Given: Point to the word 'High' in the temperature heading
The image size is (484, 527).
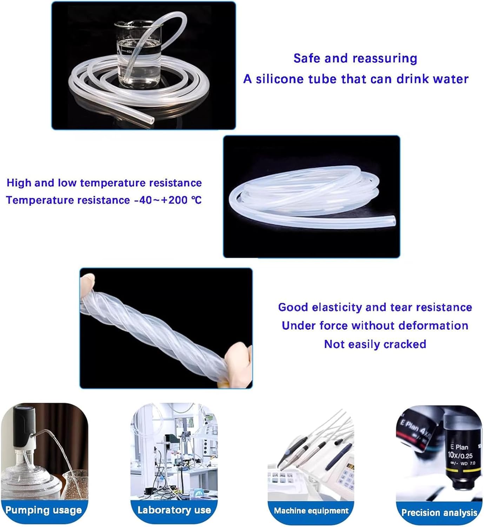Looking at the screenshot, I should (x=19, y=183).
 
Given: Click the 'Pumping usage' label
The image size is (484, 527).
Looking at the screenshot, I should (x=44, y=510).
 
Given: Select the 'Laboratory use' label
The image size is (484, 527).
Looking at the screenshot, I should (x=174, y=510).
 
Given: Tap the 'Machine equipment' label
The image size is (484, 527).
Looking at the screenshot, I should (x=311, y=511).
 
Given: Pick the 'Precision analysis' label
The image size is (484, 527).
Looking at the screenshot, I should (x=439, y=513).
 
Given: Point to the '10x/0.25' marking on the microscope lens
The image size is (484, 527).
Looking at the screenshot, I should (x=460, y=456).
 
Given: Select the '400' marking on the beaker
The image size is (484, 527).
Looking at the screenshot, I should (x=129, y=52).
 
